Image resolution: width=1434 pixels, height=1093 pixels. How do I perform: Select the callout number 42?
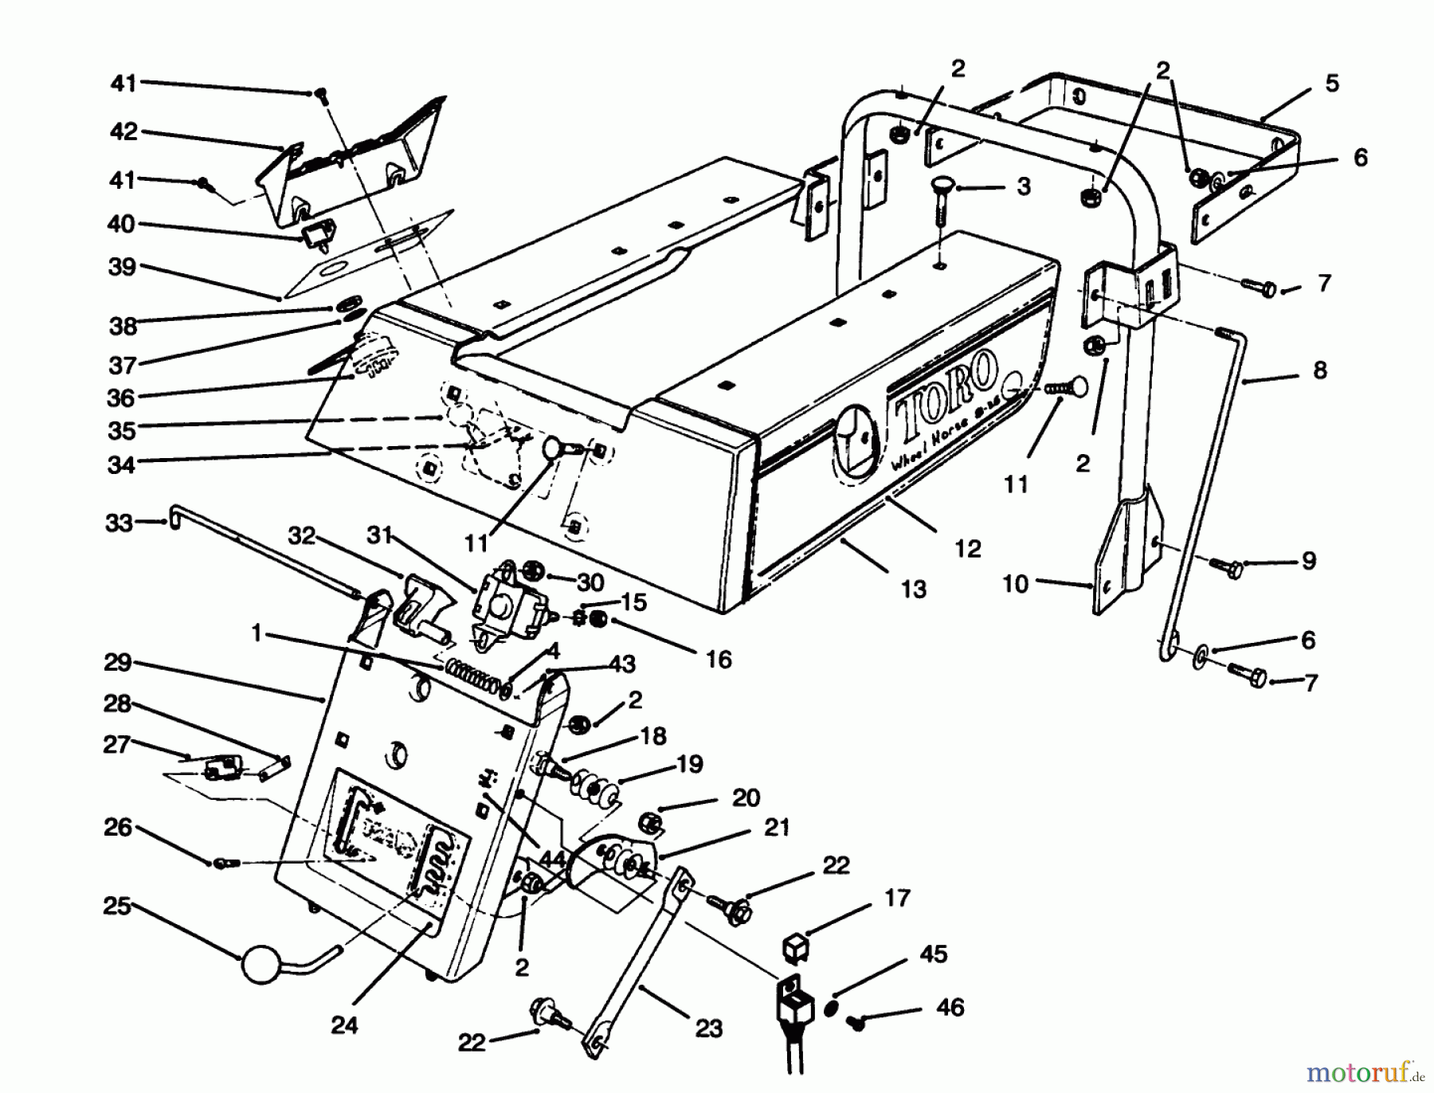(123, 131)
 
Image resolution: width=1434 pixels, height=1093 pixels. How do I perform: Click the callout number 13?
(913, 590)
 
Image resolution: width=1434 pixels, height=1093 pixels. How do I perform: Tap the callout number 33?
(119, 523)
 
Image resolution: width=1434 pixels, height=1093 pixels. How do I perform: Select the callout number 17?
(896, 899)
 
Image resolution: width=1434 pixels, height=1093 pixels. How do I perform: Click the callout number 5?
(1332, 84)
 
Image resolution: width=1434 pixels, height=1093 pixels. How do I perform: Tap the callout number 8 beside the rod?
(1320, 370)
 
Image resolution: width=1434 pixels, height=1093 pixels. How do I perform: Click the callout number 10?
(1015, 584)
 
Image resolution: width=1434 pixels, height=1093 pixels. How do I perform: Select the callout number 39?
(122, 267)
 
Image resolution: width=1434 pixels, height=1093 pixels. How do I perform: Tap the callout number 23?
(708, 1028)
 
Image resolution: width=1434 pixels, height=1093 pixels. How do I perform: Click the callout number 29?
(117, 663)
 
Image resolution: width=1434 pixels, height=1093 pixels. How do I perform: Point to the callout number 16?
(719, 660)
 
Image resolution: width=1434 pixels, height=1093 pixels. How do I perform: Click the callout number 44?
(552, 859)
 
